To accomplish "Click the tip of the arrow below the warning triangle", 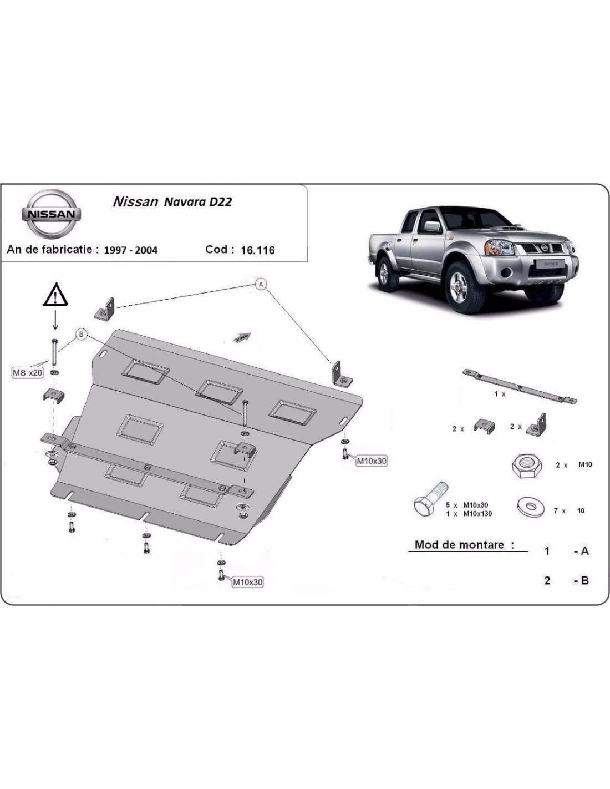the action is point(55,330).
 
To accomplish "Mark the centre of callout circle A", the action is point(261,284).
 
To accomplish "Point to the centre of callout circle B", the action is point(81,334).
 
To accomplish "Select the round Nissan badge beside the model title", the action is point(50,213).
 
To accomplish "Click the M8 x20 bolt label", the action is point(28,372).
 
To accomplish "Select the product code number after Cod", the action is point(258,250).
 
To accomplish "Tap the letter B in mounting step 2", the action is point(584,580).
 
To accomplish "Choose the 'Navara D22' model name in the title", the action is point(198,201).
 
